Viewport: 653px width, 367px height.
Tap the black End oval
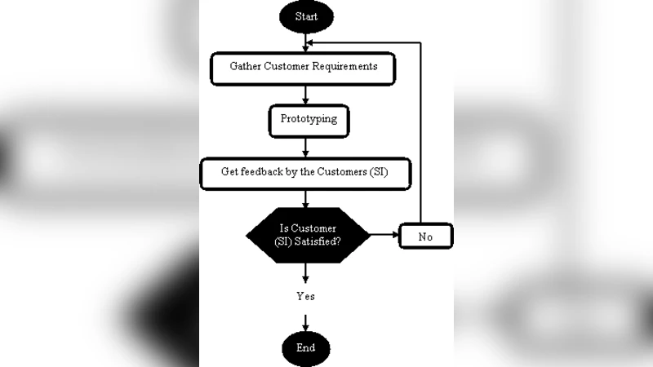point(305,348)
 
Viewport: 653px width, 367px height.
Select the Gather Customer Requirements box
point(303,68)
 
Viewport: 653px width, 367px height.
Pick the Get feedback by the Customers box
point(304,173)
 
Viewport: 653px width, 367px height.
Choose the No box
point(424,237)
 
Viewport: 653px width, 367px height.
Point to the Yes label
point(305,297)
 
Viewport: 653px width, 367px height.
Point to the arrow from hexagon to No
point(383,237)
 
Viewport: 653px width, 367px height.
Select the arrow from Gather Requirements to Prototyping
point(305,95)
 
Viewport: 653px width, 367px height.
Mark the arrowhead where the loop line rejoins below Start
point(311,42)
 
